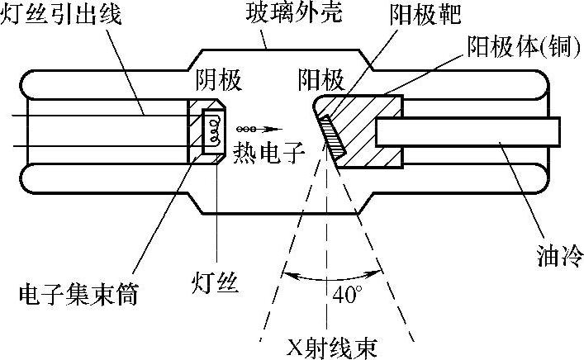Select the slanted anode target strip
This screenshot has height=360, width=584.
tap(334, 135)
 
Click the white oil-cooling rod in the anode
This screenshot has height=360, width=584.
tap(468, 130)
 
